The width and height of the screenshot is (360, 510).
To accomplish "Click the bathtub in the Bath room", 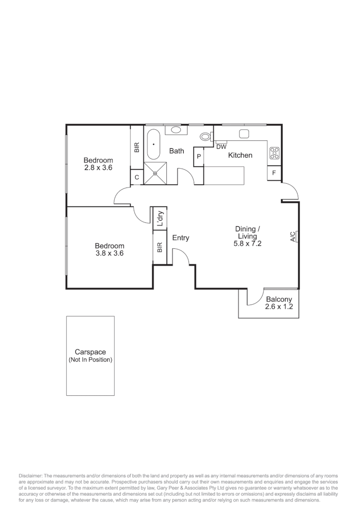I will [x=153, y=144].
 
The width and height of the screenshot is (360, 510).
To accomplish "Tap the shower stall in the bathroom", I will [x=155, y=173].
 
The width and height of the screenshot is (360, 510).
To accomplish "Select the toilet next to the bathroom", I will [x=206, y=136].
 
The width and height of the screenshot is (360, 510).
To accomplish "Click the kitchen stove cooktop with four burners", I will [x=274, y=153].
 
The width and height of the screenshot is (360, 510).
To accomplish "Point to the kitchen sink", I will [x=244, y=134].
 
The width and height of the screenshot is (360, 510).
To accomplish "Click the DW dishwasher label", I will [x=221, y=147].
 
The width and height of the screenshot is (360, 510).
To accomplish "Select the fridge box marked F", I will [x=274, y=174].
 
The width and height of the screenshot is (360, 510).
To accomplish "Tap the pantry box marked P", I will [x=199, y=156].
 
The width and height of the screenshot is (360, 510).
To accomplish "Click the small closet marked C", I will [x=137, y=178].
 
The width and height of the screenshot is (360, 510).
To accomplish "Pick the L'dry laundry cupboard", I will [x=160, y=219].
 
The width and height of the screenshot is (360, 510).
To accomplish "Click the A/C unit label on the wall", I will [x=293, y=237].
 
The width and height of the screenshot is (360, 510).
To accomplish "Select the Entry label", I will [x=180, y=238].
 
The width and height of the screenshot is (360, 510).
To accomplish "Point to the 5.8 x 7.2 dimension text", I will [x=247, y=244].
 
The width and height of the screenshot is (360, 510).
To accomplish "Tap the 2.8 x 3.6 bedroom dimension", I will [x=98, y=167].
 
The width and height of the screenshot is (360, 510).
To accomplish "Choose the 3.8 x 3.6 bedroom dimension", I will [x=109, y=253].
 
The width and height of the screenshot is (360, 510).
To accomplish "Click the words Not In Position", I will [x=90, y=360].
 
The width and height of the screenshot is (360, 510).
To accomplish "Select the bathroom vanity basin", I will [x=175, y=130].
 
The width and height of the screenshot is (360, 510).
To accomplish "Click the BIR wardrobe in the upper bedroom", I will [x=137, y=148].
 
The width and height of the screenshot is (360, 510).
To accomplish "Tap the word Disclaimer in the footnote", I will [x=30, y=475].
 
